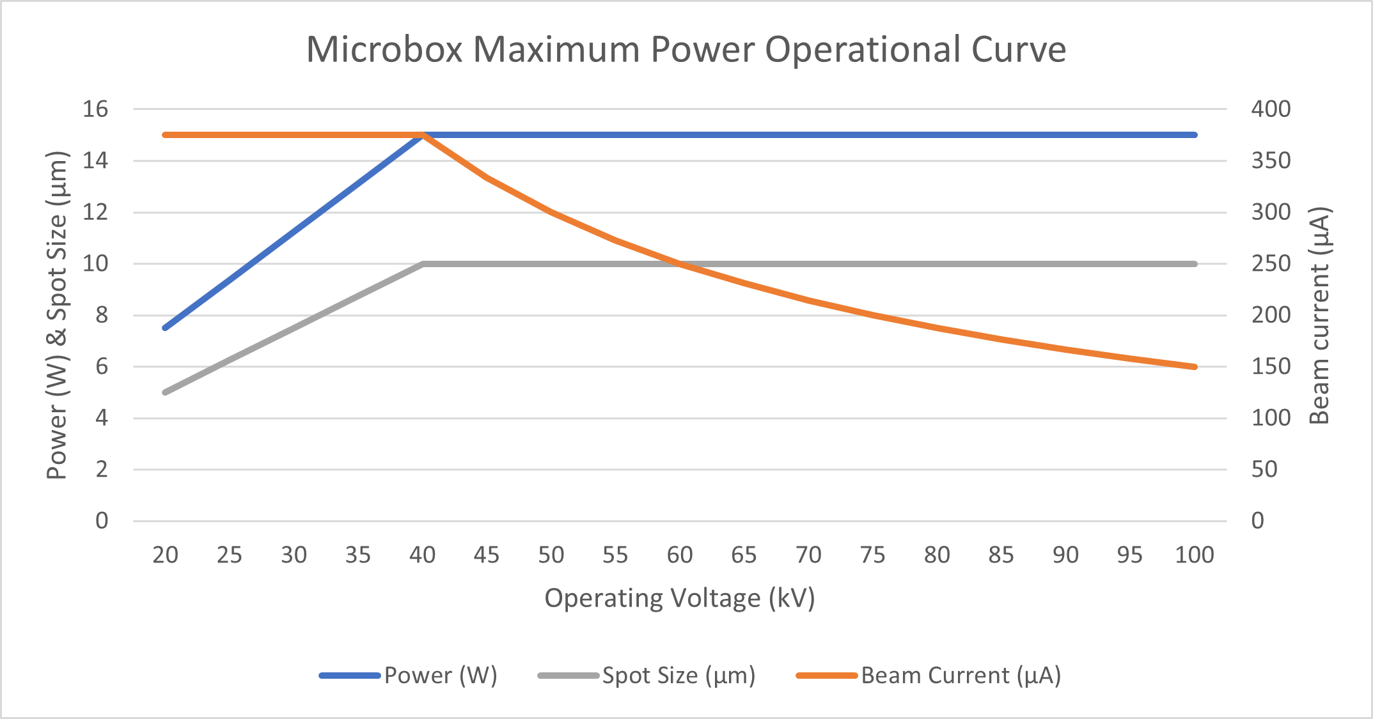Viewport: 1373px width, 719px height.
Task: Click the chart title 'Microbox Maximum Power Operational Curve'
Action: point(686,49)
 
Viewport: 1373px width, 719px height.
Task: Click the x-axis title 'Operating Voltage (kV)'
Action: point(679,598)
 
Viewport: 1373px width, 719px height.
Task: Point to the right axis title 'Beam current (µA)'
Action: point(1319,316)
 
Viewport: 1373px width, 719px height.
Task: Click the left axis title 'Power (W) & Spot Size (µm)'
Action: point(57,316)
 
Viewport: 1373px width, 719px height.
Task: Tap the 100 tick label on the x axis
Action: point(1194,555)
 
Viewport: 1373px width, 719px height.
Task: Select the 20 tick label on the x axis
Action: point(165,555)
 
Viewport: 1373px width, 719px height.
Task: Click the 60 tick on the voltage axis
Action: point(679,555)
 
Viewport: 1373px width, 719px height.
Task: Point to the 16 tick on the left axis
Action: point(95,109)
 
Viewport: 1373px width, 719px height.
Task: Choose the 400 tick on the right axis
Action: point(1271,109)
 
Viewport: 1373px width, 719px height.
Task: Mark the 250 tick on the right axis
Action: point(1271,263)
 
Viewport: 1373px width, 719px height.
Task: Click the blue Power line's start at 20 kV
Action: point(165,328)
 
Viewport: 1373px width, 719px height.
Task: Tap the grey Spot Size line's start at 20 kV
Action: point(165,392)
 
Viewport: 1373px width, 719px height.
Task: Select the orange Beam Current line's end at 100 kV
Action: point(1194,367)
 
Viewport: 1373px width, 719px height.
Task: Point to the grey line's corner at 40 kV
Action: point(423,264)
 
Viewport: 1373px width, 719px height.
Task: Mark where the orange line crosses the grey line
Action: point(679,263)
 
